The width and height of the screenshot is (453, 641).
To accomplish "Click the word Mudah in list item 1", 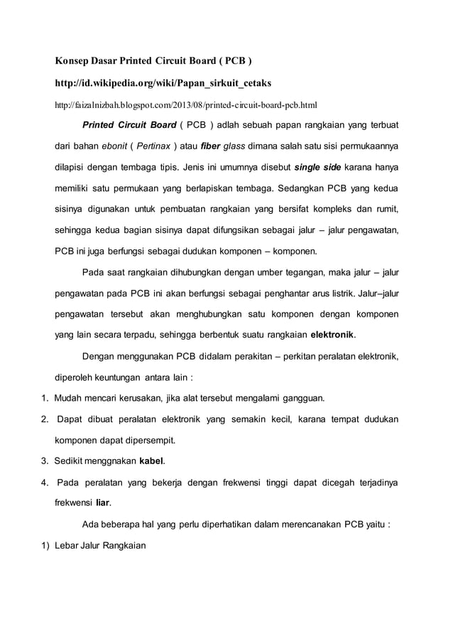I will [x=70, y=397].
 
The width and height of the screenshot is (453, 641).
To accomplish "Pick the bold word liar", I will [x=104, y=500].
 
